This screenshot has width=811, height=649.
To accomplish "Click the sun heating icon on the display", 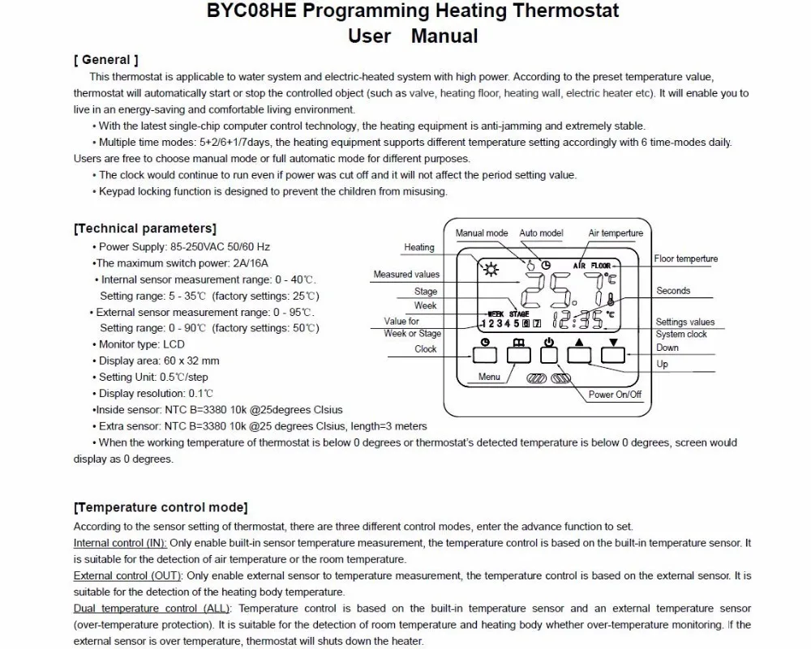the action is click(x=490, y=271).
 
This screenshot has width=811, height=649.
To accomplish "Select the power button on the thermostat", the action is click(x=550, y=353).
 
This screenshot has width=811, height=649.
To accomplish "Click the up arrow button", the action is click(x=579, y=353).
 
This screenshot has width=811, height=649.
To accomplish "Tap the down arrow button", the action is click(x=613, y=353).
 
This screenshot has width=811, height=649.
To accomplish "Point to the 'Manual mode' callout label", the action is click(x=482, y=233).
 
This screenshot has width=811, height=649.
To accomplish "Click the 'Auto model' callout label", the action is click(x=541, y=233).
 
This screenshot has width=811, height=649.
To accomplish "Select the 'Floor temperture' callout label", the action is click(x=686, y=259).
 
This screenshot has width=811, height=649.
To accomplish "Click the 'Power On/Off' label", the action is click(x=615, y=395).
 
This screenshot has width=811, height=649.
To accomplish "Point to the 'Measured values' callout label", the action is click(x=406, y=275).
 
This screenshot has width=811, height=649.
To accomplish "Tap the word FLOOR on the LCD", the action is click(x=601, y=266).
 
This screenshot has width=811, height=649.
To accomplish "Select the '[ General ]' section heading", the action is click(x=106, y=60).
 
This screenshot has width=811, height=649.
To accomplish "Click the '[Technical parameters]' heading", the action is click(x=145, y=228).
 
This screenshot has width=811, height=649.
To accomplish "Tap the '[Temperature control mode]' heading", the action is click(x=161, y=507).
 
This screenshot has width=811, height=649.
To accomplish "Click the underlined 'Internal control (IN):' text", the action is click(x=120, y=543).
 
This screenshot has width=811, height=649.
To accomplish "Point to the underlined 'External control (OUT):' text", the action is click(x=127, y=576).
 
